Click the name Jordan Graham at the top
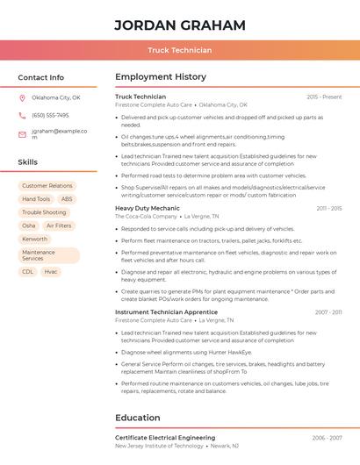click(x=179, y=25)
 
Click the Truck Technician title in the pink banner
click(x=179, y=50)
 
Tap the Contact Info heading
click(x=40, y=77)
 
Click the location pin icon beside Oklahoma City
click(x=22, y=98)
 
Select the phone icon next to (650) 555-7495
click(x=22, y=116)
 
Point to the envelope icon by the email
click(x=22, y=134)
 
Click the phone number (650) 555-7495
click(x=50, y=116)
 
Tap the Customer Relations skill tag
click(x=47, y=186)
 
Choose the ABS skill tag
click(x=67, y=199)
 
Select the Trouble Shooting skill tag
click(x=44, y=212)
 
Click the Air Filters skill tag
click(x=59, y=225)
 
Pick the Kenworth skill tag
click(x=35, y=239)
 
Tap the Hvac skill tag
click(x=51, y=272)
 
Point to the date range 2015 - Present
click(x=324, y=97)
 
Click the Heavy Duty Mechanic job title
click(x=148, y=208)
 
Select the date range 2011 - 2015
click(x=328, y=208)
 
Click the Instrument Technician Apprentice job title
click(x=166, y=312)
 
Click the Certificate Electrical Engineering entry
click(x=165, y=438)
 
